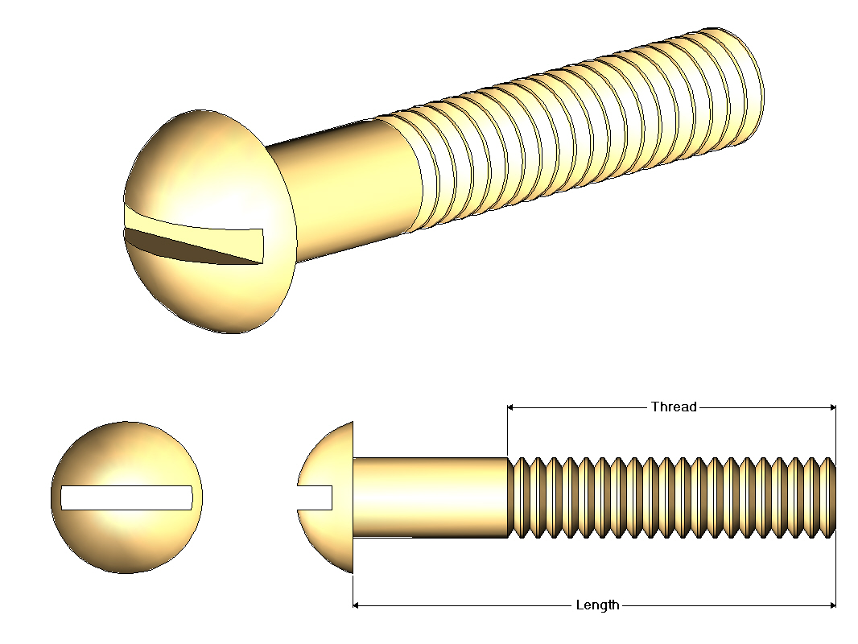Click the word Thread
click(x=674, y=407)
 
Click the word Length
click(x=597, y=605)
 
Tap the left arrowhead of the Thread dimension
click(x=510, y=407)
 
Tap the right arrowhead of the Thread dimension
click(x=833, y=407)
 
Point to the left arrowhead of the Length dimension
click(x=356, y=605)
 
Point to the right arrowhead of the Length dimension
click(x=833, y=605)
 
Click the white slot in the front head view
click(x=126, y=498)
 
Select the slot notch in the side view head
click(x=316, y=498)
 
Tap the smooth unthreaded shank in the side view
click(x=431, y=497)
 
